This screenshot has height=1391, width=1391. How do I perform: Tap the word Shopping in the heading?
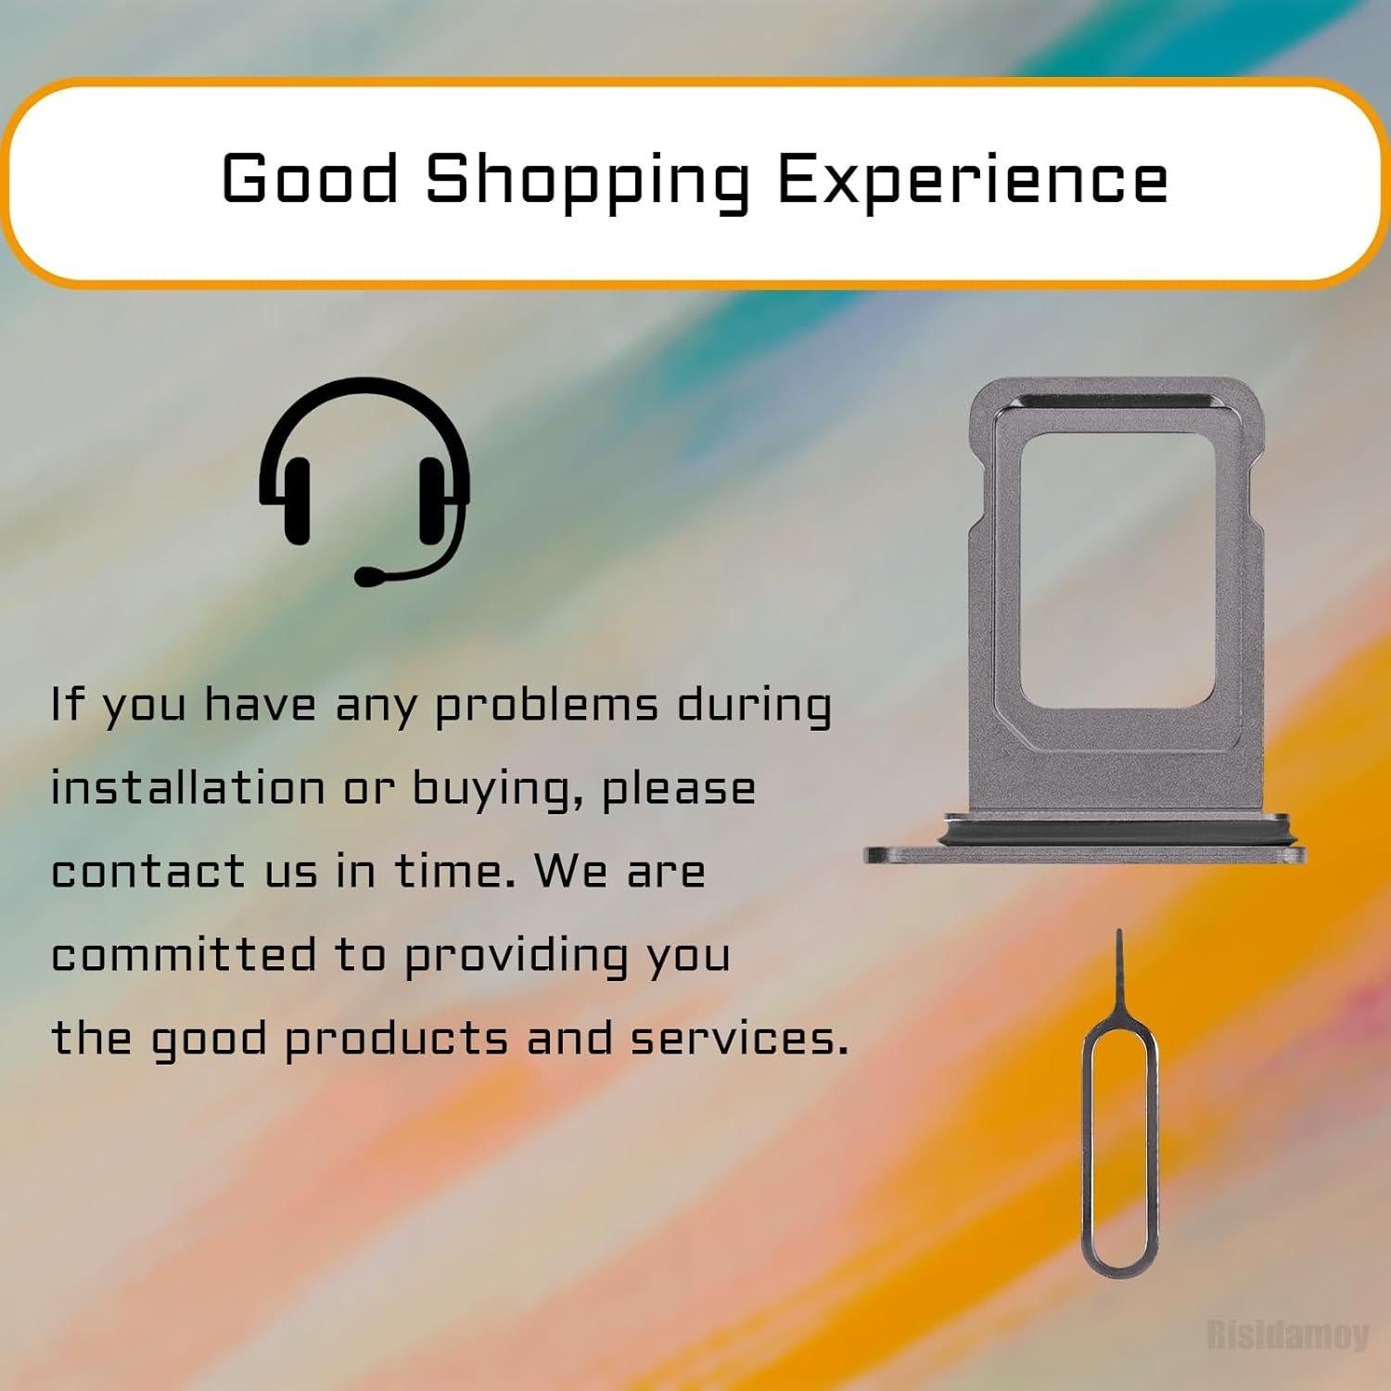(x=587, y=183)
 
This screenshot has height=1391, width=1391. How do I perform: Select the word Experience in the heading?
(x=972, y=183)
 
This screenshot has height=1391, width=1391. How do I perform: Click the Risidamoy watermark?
(x=1287, y=1334)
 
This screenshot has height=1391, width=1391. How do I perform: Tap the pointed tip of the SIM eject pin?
(x=1119, y=931)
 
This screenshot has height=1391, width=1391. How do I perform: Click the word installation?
(x=187, y=788)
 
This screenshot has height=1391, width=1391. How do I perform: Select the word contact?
(x=148, y=872)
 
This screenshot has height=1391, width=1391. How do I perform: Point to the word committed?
(x=184, y=955)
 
